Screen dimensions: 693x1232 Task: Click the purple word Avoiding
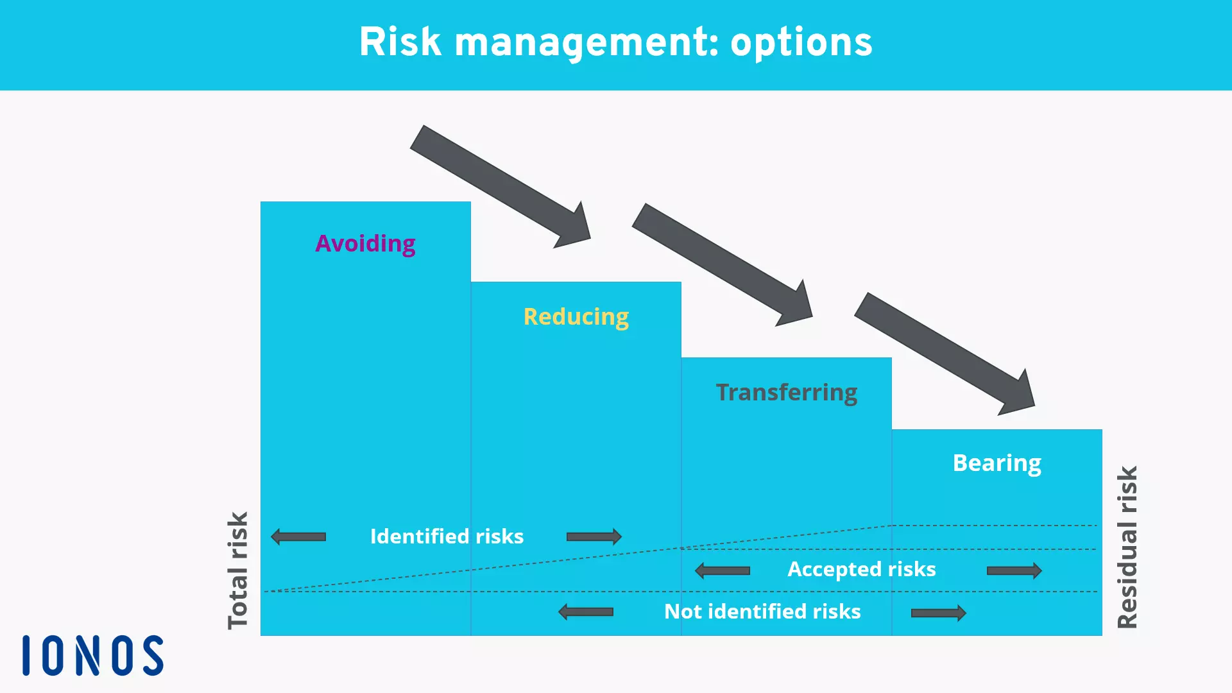365,244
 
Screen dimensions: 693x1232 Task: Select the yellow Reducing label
576,317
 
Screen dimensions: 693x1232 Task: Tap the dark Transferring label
786,392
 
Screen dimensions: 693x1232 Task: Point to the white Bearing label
997,463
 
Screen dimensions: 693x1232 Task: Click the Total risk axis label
238,570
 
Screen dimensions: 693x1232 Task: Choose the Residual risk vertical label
1127,547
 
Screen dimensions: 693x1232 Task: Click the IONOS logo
93,656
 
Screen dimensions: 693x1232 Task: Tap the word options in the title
801,42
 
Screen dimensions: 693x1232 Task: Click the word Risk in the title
400,42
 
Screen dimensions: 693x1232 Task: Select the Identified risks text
447,536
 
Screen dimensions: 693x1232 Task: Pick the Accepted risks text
861,569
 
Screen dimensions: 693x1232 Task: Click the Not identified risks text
762,612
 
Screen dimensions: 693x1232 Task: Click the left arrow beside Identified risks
298,536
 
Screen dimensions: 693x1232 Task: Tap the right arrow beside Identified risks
594,536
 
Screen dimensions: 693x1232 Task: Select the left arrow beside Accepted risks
723,570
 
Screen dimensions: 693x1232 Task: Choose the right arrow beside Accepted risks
1014,570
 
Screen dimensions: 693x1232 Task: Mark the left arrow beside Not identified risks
586,612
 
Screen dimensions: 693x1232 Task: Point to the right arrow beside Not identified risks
938,613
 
